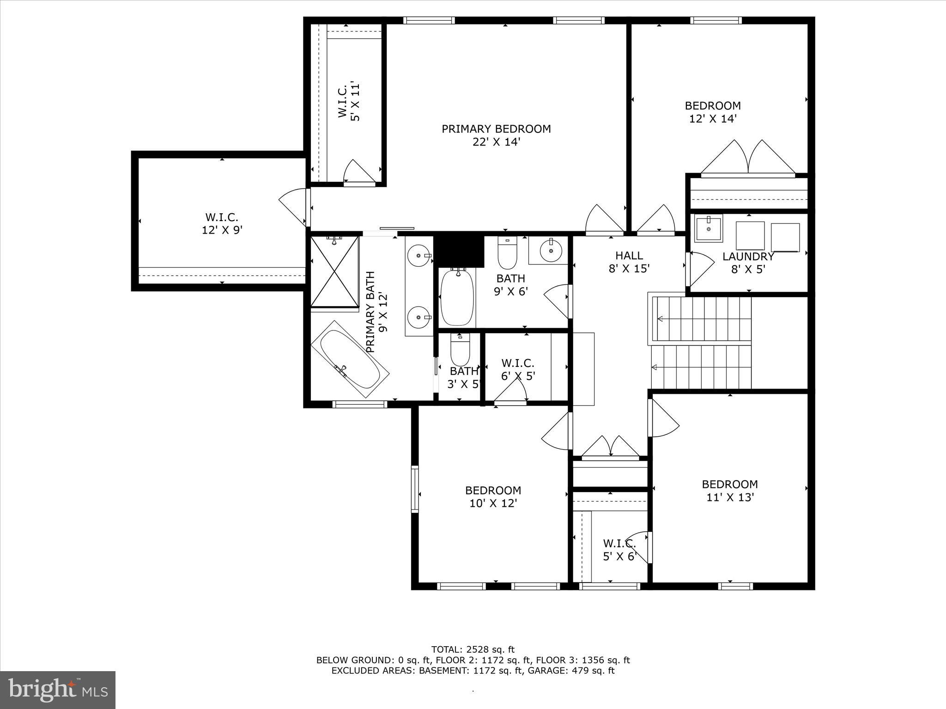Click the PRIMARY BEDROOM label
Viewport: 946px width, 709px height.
click(x=496, y=129)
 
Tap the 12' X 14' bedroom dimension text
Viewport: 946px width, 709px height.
click(x=712, y=119)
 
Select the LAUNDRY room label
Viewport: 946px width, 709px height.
click(x=748, y=257)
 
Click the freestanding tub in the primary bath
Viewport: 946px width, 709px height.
click(x=350, y=360)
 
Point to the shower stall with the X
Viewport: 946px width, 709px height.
click(x=334, y=272)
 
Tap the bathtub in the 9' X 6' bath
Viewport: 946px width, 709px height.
click(x=457, y=297)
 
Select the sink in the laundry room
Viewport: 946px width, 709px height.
click(x=709, y=228)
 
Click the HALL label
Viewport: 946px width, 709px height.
click(x=629, y=255)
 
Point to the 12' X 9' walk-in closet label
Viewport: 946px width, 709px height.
click(x=222, y=223)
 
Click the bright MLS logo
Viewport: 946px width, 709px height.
click(x=58, y=690)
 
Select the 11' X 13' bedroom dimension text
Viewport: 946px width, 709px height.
click(x=730, y=497)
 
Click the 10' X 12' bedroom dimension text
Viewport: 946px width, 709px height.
click(x=493, y=503)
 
